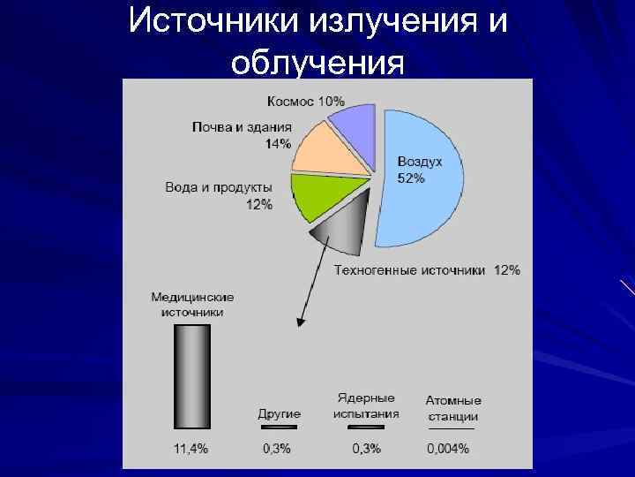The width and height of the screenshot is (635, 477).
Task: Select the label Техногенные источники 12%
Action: (427, 269)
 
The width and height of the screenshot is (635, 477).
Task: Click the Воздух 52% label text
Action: (419, 170)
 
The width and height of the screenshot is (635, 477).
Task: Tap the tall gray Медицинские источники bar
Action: (191, 375)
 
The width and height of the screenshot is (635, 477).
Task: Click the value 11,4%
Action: (190, 449)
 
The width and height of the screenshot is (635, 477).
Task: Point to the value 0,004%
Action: (448, 449)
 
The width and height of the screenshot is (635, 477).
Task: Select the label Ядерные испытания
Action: (365, 406)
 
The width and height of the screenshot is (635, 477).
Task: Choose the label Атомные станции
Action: (453, 408)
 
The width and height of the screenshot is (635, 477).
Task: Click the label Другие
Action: (279, 413)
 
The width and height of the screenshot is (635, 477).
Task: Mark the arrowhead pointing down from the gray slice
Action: (301, 322)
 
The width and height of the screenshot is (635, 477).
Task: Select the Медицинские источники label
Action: (192, 305)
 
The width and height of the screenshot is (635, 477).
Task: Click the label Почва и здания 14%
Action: (242, 135)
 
